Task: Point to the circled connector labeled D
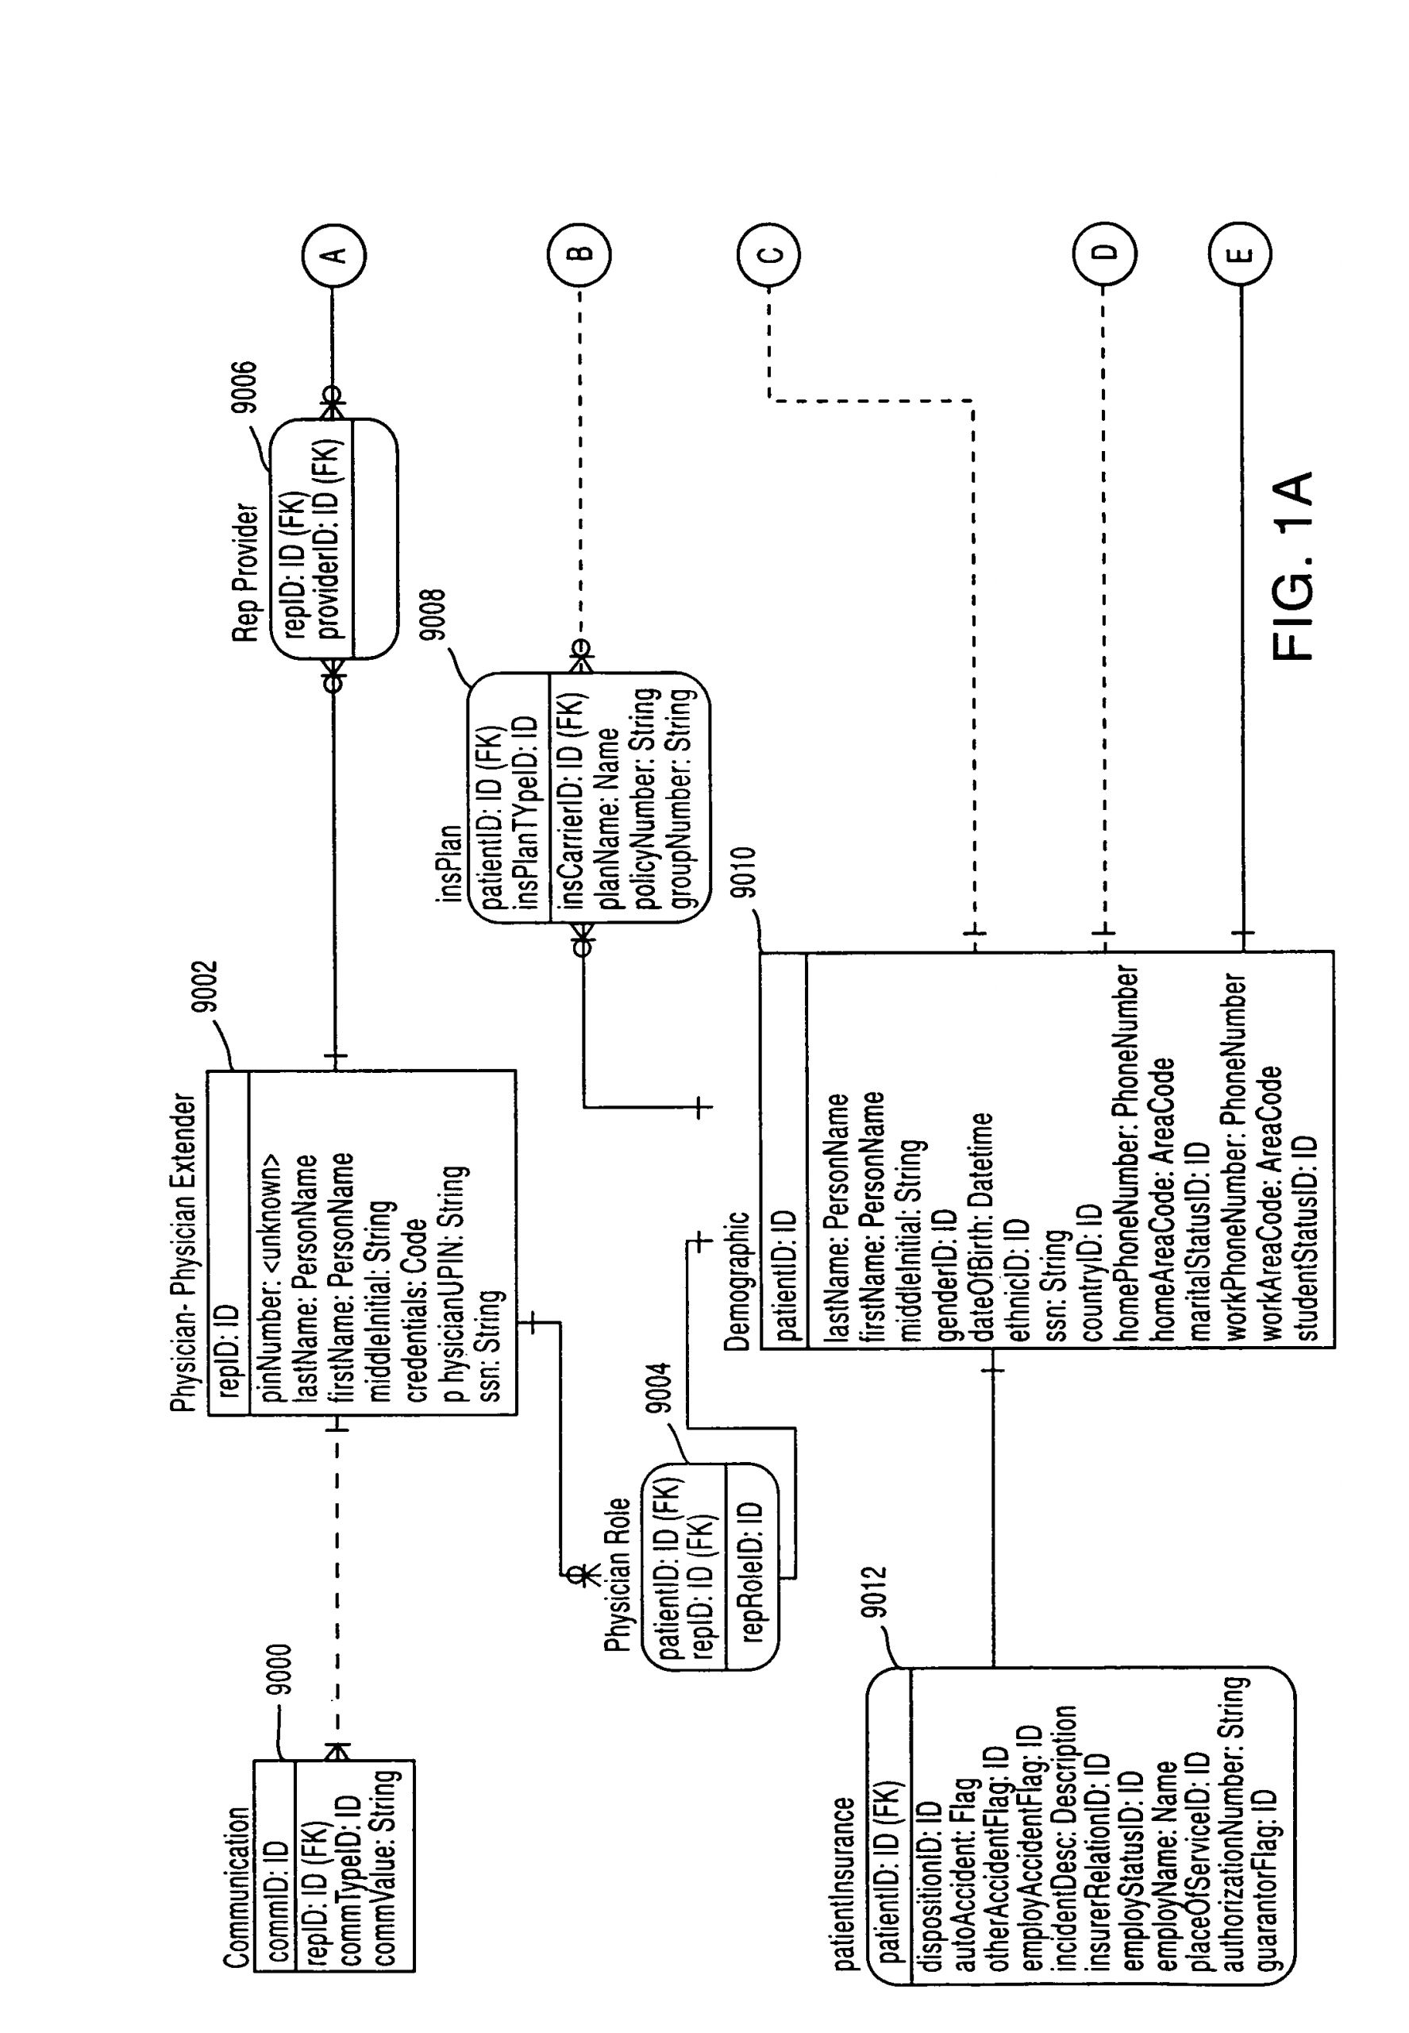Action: (1104, 253)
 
